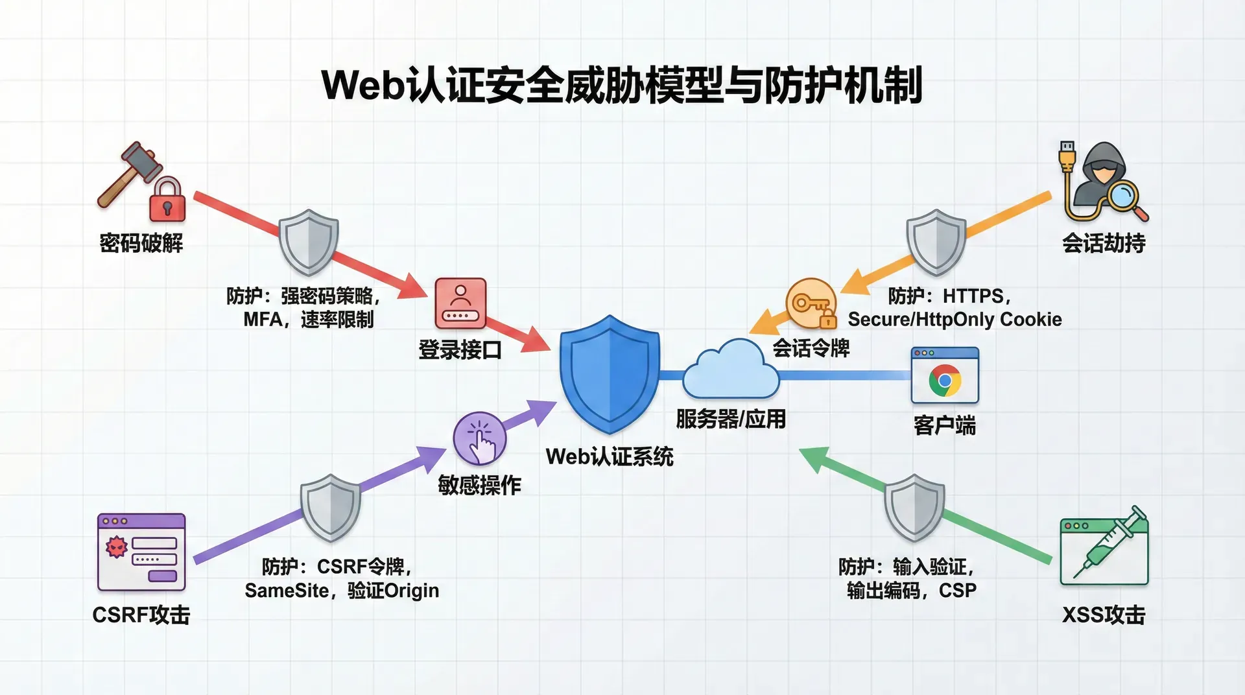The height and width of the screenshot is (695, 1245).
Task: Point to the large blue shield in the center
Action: [610, 373]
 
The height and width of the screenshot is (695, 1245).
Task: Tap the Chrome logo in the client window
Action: [945, 380]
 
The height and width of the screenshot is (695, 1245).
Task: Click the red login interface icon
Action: [460, 303]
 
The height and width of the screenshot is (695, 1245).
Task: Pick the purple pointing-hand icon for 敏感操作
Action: [480, 438]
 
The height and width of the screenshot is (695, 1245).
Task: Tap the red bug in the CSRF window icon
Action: [117, 547]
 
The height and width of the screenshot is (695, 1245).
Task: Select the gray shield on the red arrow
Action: [309, 242]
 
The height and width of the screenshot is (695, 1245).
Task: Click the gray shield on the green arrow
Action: [914, 506]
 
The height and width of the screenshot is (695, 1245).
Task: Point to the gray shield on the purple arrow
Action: [331, 506]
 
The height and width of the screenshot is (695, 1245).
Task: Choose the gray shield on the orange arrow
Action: [936, 242]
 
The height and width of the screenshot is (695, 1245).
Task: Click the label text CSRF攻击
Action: [141, 615]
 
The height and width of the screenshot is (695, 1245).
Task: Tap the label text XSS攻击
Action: [1104, 615]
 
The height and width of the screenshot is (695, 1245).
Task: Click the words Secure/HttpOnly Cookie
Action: [954, 320]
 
